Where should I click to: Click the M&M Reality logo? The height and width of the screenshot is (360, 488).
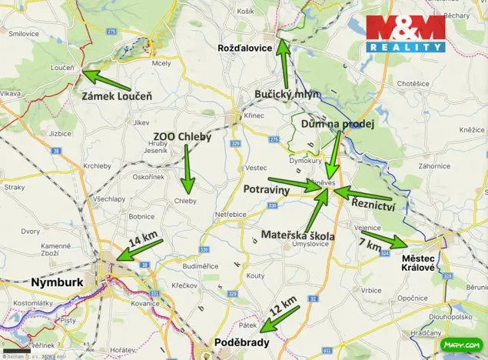405,33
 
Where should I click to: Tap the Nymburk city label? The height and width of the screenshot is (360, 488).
56,282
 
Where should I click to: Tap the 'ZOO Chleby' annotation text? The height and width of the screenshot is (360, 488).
182,137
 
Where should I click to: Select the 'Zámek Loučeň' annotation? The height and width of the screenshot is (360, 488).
117,96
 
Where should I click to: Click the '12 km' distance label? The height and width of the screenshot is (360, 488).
282,308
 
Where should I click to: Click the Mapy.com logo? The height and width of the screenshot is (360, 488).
464,345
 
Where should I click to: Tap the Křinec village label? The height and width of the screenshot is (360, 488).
254,115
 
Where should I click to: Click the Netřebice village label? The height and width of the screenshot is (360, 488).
231,214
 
